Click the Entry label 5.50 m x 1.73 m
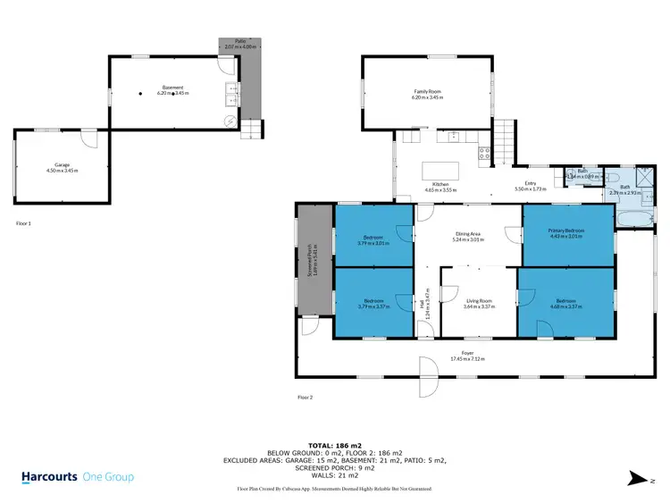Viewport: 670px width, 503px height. click(530, 187)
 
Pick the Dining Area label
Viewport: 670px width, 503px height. click(467, 237)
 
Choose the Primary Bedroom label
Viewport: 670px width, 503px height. click(567, 233)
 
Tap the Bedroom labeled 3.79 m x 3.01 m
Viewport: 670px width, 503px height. click(373, 239)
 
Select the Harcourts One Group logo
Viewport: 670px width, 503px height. click(78, 477)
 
